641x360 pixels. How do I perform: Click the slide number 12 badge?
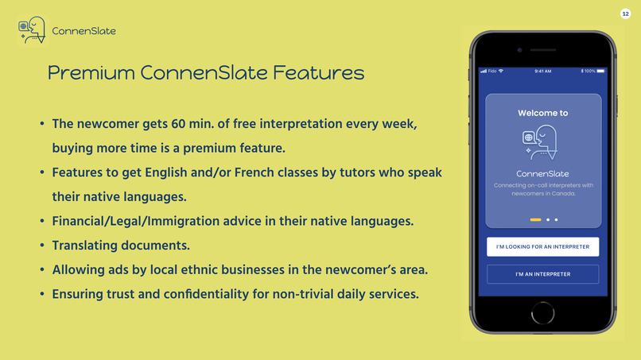625,14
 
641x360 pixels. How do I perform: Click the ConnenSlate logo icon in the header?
32,30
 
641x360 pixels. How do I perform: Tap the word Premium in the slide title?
91,73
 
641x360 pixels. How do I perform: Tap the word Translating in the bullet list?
90,246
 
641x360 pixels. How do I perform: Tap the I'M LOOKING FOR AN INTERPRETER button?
542,246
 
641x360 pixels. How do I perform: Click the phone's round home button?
542,313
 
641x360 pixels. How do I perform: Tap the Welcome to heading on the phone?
542,113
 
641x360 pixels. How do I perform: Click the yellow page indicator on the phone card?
535,219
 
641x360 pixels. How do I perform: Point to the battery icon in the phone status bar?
600,71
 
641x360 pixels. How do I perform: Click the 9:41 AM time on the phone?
542,71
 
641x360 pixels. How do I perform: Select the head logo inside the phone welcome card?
540,143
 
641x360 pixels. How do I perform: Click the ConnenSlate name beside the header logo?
84,31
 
